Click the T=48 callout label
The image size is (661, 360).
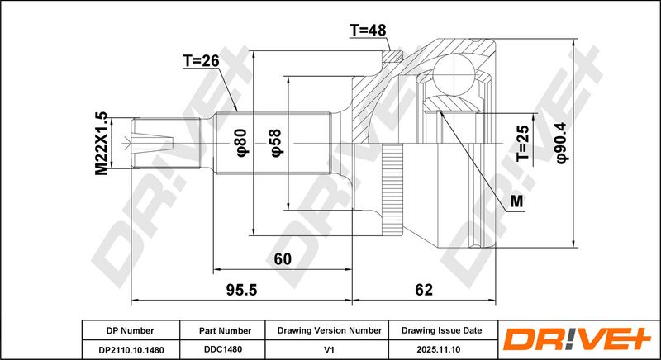point(368,31)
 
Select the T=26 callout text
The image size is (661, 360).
point(201,61)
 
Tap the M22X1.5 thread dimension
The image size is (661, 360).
point(102,144)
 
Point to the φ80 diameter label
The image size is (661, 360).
point(243,143)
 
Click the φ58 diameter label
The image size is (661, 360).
point(277,143)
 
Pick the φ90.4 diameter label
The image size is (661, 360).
point(563,142)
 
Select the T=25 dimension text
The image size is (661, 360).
point(523,143)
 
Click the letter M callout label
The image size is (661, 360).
point(516,201)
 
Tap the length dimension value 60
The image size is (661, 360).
point(283,259)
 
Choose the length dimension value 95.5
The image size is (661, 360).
point(241,290)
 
